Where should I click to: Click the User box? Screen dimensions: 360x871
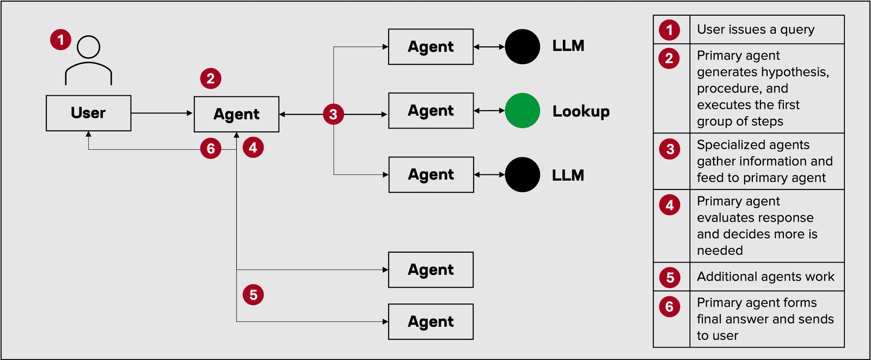click(x=88, y=113)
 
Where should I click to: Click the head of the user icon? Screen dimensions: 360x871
click(x=88, y=47)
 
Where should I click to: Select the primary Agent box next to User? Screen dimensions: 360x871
click(x=236, y=114)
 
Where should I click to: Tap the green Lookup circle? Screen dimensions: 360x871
click(x=522, y=111)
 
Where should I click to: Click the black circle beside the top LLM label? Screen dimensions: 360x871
click(x=522, y=47)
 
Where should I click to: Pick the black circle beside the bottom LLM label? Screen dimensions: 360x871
click(x=522, y=175)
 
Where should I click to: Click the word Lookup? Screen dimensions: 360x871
click(x=580, y=111)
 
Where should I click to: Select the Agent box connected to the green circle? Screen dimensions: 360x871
click(x=431, y=111)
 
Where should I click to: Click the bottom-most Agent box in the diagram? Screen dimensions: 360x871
click(x=431, y=322)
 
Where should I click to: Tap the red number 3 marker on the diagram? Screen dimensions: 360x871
click(x=333, y=114)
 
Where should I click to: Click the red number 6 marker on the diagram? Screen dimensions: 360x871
click(x=211, y=149)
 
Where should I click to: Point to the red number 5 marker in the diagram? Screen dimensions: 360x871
click(x=253, y=295)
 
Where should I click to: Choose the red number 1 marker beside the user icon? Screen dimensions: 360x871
click(x=61, y=40)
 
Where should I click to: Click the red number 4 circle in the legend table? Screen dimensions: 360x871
click(x=670, y=205)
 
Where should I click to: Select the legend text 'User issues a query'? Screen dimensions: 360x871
click(x=756, y=29)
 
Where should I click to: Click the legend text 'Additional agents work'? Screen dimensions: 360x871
click(x=765, y=277)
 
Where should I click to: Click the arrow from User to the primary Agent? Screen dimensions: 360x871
click(x=162, y=113)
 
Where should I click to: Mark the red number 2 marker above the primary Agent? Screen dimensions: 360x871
click(x=211, y=78)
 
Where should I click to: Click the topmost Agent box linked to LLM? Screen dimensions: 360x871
click(x=431, y=47)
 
